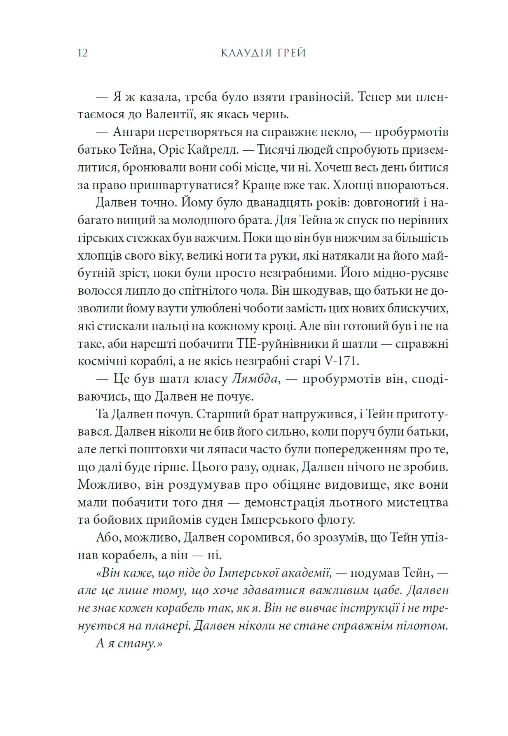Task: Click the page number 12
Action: click(x=82, y=53)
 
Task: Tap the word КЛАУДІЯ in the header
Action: click(x=245, y=53)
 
